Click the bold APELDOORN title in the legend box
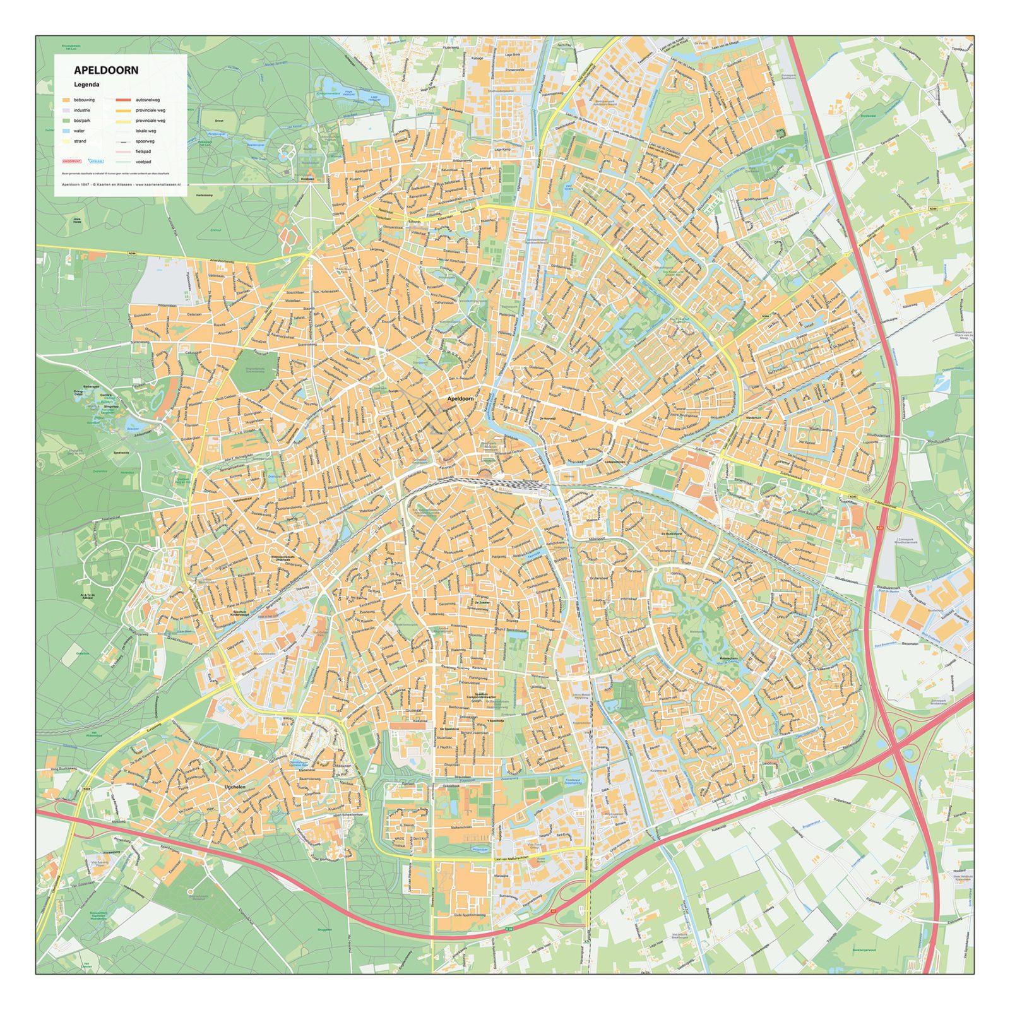coord(106,71)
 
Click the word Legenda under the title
coord(87,85)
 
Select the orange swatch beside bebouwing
coord(66,100)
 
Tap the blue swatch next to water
coord(66,131)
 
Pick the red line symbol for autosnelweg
coord(123,100)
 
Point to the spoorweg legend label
coord(145,141)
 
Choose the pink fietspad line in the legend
coord(123,151)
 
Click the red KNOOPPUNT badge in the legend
coord(72,162)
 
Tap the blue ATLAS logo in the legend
coord(97,162)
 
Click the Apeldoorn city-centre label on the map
coord(460,399)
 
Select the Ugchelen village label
coord(234,787)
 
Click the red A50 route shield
coord(879,527)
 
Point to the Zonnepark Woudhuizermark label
coord(908,542)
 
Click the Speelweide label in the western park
coord(122,453)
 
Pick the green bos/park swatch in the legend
coord(66,121)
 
